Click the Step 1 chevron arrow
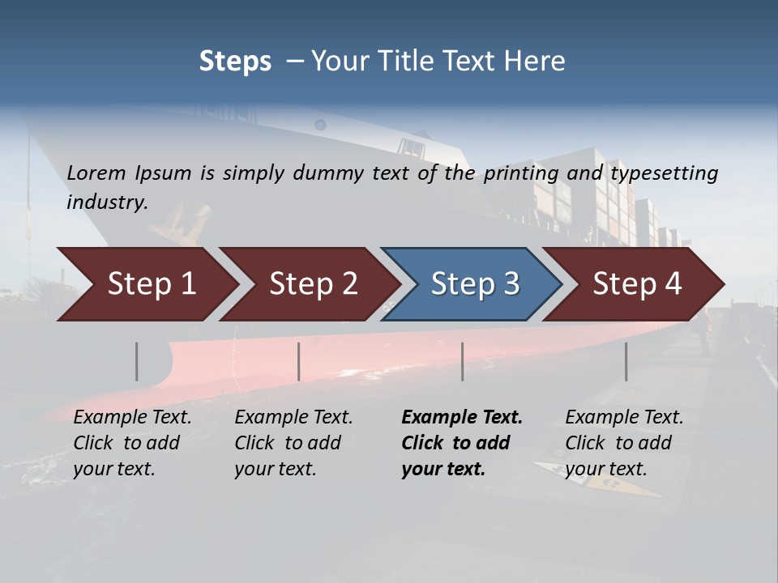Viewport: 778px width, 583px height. coord(152,284)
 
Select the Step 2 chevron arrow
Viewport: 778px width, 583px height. coord(313,284)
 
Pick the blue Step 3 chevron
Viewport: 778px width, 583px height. coord(475,284)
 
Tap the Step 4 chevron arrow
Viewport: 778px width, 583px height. coord(637,284)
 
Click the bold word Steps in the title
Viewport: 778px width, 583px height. coord(235,62)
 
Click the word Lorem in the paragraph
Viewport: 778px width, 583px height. coord(96,172)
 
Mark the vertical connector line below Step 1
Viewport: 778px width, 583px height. coord(137,361)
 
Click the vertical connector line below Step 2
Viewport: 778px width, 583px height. coord(299,361)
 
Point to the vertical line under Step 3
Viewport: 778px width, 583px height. coord(463,361)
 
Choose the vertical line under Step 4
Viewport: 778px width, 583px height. coord(626,361)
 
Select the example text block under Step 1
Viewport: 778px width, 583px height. coord(132,443)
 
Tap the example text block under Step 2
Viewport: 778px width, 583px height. coord(293,443)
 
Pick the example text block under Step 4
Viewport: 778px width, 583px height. coord(624,443)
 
